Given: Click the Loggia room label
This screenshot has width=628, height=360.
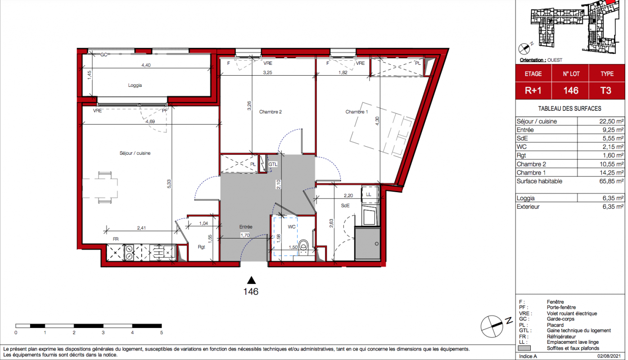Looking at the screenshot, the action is (x=135, y=85).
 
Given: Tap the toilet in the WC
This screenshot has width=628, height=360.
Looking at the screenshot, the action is (x=303, y=247).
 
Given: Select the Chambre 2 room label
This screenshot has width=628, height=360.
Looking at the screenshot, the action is (x=270, y=112).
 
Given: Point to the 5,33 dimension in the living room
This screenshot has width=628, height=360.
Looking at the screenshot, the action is (x=169, y=184).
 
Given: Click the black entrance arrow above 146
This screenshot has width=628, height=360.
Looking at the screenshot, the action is (x=251, y=280).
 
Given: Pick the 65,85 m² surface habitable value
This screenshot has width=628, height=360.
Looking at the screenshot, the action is (x=611, y=181).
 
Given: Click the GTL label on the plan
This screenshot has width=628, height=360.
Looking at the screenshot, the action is (x=273, y=164).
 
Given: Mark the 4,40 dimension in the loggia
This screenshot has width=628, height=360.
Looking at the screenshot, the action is (x=146, y=65).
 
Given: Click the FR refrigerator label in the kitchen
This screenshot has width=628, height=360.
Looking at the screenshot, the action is (x=116, y=239).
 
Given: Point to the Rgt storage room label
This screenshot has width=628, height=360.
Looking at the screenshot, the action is (x=201, y=247).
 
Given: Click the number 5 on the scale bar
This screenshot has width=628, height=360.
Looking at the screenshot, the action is (x=162, y=333).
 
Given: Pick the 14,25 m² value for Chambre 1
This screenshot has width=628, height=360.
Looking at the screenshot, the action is (x=611, y=173).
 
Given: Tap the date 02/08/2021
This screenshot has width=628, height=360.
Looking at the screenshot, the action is (x=609, y=356).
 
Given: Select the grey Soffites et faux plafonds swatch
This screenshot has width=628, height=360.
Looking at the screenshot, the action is (x=524, y=348).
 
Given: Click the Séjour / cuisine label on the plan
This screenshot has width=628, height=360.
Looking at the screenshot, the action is (x=135, y=153).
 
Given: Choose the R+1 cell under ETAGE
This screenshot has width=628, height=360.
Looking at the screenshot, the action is (x=533, y=90).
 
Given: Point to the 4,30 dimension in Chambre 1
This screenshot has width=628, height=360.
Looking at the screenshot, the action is (x=377, y=121).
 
